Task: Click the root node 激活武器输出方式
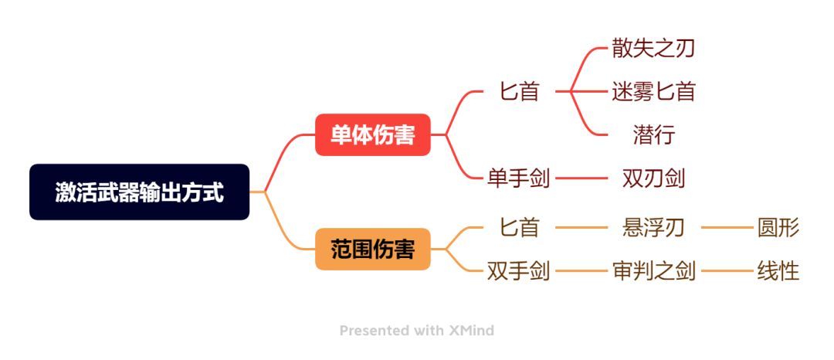(x=139, y=192)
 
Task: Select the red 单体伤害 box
(x=372, y=135)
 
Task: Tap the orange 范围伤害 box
(x=372, y=250)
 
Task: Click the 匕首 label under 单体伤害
(x=519, y=91)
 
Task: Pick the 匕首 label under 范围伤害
(x=519, y=228)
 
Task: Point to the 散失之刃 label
(x=654, y=49)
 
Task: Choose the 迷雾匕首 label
(x=654, y=91)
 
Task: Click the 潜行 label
(x=654, y=135)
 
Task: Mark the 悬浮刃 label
(x=654, y=228)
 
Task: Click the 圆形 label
(x=778, y=228)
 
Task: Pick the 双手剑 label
(x=519, y=271)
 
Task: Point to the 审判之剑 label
(x=654, y=271)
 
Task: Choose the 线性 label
(x=778, y=271)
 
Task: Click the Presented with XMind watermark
(x=417, y=331)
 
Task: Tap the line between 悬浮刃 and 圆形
(x=727, y=228)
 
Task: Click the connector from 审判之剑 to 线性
(x=727, y=271)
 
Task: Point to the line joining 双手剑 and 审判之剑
(x=581, y=271)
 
